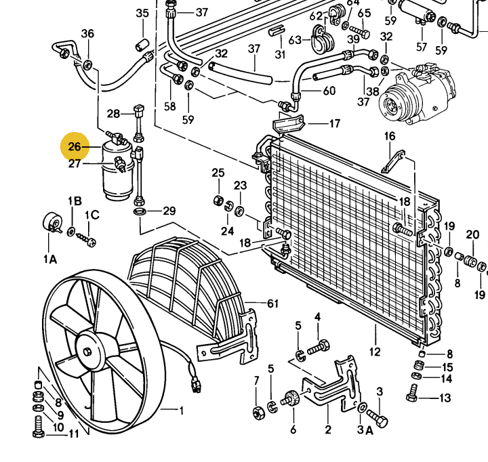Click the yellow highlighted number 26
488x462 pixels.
tap(75, 146)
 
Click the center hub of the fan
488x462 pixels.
tap(88, 353)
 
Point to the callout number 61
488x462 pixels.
tap(273, 303)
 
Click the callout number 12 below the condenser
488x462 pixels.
tap(375, 352)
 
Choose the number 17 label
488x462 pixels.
tap(335, 123)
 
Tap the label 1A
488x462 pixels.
tap(50, 258)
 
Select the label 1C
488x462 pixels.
tap(91, 215)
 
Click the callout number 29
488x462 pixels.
tap(168, 211)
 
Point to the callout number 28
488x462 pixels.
tap(113, 113)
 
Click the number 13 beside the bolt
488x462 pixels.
tap(445, 398)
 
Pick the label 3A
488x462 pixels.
tap(367, 429)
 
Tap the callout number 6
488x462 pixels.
tap(293, 429)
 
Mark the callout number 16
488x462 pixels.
tap(390, 137)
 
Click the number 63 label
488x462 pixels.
tap(295, 40)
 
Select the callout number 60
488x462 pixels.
tap(329, 91)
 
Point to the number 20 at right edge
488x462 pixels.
tap(472, 235)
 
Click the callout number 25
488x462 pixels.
tap(218, 173)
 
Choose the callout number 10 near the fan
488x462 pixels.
tap(58, 427)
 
